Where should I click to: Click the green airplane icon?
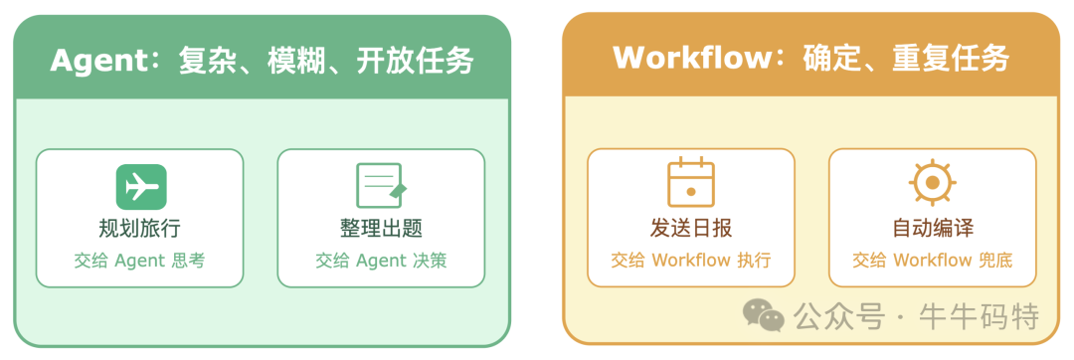click(x=140, y=187)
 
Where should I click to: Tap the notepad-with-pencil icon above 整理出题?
click(x=381, y=186)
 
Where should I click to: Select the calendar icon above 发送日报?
click(x=690, y=183)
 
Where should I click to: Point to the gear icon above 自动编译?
click(x=932, y=183)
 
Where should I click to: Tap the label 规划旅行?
click(x=139, y=228)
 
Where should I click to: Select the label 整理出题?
click(x=381, y=228)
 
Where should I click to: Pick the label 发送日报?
click(x=690, y=228)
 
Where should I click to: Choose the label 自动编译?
click(x=932, y=228)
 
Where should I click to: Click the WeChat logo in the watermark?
click(x=763, y=316)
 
